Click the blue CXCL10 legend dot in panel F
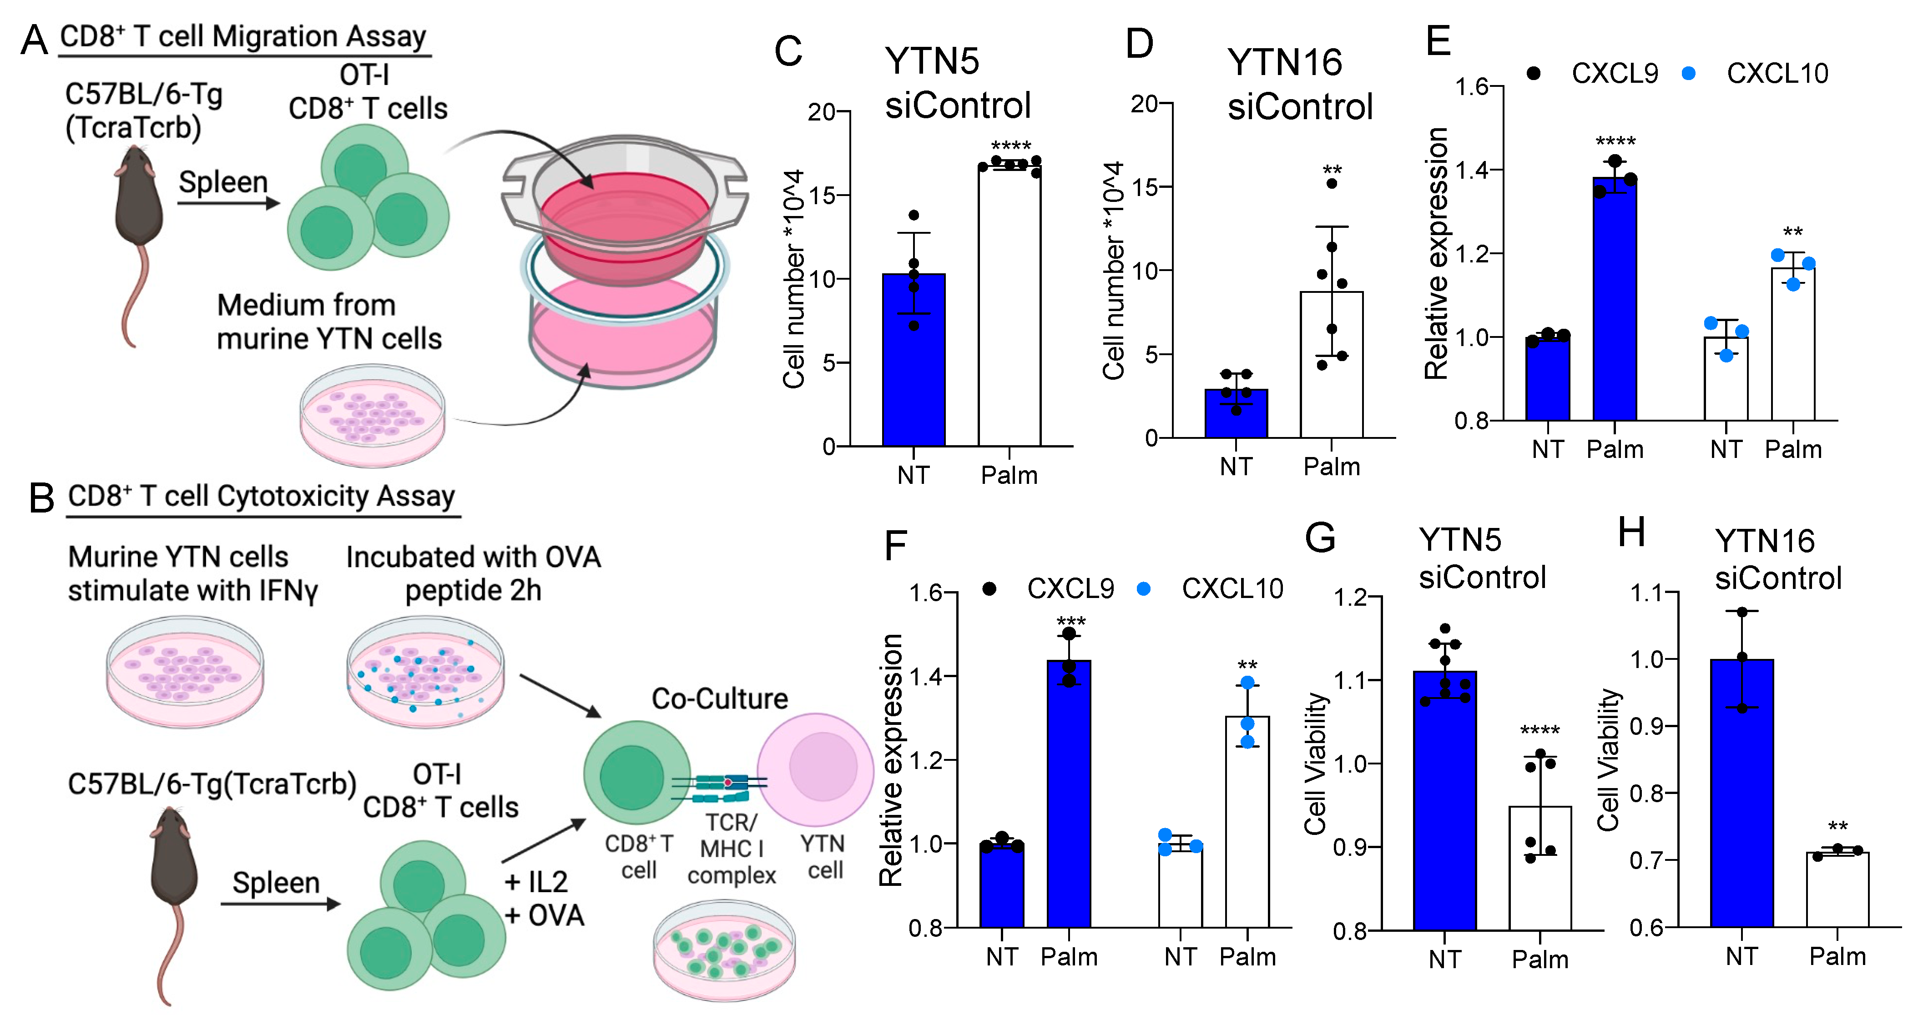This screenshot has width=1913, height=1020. [x=1144, y=589]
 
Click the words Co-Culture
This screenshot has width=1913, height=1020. [x=719, y=698]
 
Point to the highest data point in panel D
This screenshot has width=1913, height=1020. [x=1332, y=183]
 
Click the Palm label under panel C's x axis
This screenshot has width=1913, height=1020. [x=1009, y=475]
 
